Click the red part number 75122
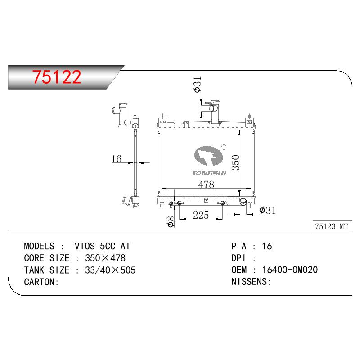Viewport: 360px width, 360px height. pos(57,76)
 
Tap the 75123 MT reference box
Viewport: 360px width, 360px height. pos(332,227)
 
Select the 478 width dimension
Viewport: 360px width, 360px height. pos(206,184)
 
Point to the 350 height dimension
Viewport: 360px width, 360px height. pos(235,162)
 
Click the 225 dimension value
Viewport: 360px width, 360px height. pos(201,215)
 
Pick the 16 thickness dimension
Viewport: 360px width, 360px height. pos(116,159)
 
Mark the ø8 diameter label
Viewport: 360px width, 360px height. pos(171,221)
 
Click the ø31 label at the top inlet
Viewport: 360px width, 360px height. pos(198,85)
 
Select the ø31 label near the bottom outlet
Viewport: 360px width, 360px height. pos(267,210)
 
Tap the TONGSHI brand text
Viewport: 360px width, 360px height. pos(209,173)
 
